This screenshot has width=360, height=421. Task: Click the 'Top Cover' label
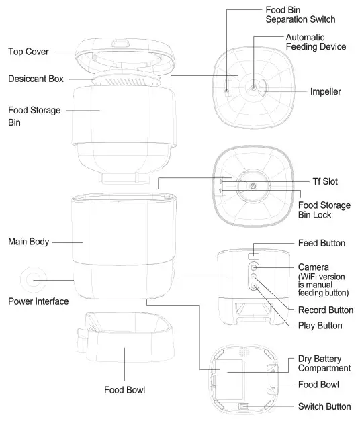(28, 51)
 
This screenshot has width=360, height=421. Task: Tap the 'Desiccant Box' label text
(36, 79)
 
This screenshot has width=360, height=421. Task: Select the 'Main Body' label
(28, 240)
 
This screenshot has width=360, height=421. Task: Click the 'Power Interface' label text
(38, 301)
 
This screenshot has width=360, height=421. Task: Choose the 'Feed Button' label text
(322, 242)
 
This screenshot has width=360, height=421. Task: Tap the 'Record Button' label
(325, 310)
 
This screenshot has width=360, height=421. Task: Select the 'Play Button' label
(320, 326)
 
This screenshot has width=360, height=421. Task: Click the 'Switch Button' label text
(324, 406)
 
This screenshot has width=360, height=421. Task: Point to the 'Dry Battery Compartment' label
(324, 363)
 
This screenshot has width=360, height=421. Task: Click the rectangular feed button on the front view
(253, 256)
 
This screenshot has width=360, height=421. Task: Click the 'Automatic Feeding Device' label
(316, 42)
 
